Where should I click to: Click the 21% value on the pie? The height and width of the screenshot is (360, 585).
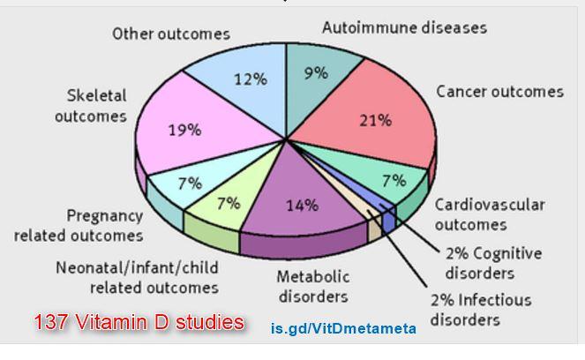[375, 121]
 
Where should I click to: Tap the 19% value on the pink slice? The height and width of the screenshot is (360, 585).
[185, 130]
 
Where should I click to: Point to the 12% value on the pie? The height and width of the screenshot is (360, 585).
[250, 79]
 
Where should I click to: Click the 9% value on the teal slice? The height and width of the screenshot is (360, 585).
[315, 74]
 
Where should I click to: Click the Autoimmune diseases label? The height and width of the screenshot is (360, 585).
[404, 27]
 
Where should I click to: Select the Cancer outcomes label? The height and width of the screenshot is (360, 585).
[499, 92]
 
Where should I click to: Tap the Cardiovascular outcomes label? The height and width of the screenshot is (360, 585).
[489, 214]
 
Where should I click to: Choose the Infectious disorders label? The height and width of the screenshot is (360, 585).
[481, 309]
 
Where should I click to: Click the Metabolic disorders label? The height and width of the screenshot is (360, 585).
[312, 286]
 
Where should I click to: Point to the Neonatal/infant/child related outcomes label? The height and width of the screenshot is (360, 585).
[137, 276]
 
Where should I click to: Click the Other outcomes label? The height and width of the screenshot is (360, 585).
[171, 34]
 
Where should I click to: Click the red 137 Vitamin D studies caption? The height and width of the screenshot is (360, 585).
[139, 323]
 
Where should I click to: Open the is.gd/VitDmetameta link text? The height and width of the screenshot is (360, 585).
[343, 329]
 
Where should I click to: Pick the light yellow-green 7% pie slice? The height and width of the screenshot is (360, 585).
[226, 206]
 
